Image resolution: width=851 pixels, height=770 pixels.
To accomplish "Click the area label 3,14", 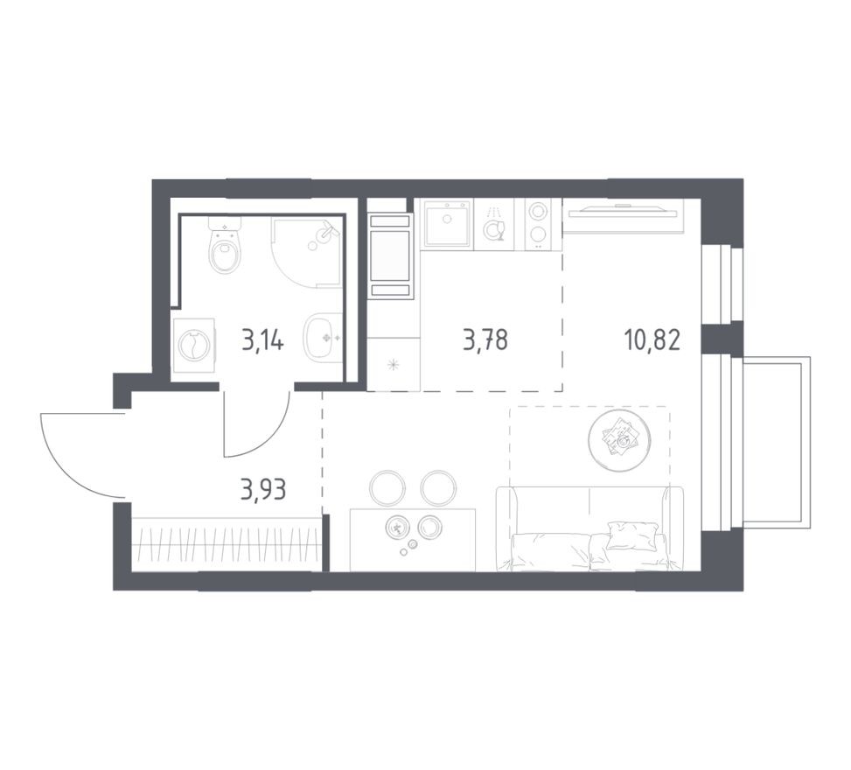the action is [262, 341].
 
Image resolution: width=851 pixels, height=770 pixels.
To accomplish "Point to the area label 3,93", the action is [263, 490].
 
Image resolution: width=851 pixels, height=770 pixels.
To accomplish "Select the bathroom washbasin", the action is [323, 337].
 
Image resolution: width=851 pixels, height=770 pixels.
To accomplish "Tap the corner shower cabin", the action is [307, 253].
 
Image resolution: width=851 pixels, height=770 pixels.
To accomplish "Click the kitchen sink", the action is [447, 223].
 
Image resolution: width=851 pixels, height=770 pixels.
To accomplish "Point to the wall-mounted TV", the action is [623, 210].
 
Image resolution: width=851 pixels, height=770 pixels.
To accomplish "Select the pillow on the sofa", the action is [633, 535].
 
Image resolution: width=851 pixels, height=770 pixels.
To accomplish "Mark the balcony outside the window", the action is [776, 442].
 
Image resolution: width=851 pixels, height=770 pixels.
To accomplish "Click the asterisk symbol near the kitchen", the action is [393, 364].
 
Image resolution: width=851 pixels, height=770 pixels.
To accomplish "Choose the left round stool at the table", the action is [387, 487].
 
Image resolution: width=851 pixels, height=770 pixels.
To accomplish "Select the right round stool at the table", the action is [439, 487].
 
